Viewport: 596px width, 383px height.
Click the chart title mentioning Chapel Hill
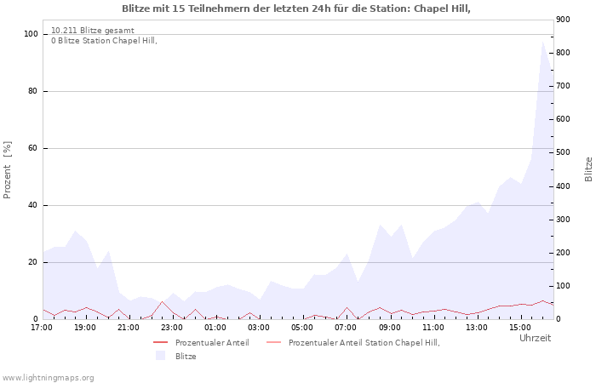[x=296, y=9]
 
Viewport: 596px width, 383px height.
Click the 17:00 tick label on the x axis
[x=42, y=327]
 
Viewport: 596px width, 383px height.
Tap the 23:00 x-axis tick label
[x=172, y=327]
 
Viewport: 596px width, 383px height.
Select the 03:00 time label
[x=259, y=327]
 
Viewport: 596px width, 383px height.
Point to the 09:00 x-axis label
[x=390, y=327]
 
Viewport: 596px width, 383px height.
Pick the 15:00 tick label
[x=520, y=327]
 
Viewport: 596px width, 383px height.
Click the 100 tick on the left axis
[x=32, y=34]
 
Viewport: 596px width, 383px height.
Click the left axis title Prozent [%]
[x=9, y=170]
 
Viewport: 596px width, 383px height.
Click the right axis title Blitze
[x=588, y=169]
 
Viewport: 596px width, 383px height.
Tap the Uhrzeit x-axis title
[x=535, y=338]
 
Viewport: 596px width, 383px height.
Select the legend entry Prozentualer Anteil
[x=212, y=342]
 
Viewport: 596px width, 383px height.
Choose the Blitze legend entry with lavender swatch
[x=186, y=356]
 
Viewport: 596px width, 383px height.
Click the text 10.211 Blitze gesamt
[x=92, y=30]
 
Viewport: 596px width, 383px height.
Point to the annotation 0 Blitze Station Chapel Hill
[x=104, y=40]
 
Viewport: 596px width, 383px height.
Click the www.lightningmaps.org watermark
[x=48, y=377]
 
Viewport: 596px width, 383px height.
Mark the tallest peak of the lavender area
[x=542, y=42]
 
